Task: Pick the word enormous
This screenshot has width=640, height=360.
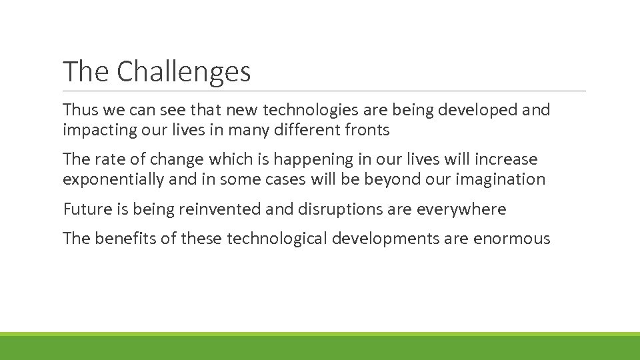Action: coord(511,239)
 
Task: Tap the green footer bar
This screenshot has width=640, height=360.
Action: coord(320,347)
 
